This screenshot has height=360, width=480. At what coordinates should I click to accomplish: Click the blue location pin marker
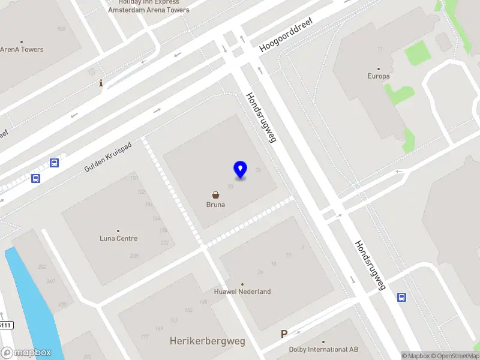click(240, 169)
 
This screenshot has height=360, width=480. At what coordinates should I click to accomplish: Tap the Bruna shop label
click(215, 205)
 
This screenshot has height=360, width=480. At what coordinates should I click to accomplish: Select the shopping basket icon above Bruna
click(215, 194)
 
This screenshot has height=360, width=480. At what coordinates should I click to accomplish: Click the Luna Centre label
click(118, 238)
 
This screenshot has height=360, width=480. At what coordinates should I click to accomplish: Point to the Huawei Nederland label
click(242, 292)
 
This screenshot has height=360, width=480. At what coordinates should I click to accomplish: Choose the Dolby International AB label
click(323, 349)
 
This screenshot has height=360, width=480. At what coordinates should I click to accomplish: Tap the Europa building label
click(379, 76)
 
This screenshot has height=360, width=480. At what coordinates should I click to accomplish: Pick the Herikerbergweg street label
click(208, 341)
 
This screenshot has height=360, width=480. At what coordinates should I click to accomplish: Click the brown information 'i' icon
click(101, 83)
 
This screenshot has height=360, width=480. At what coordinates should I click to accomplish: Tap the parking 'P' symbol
click(284, 334)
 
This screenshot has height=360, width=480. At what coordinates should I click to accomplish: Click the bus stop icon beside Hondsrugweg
click(401, 296)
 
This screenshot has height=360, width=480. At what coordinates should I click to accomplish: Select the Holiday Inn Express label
click(149, 2)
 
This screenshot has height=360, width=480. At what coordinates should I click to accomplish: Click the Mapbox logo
click(26, 353)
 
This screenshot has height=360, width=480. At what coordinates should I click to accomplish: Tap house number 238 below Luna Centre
click(134, 256)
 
